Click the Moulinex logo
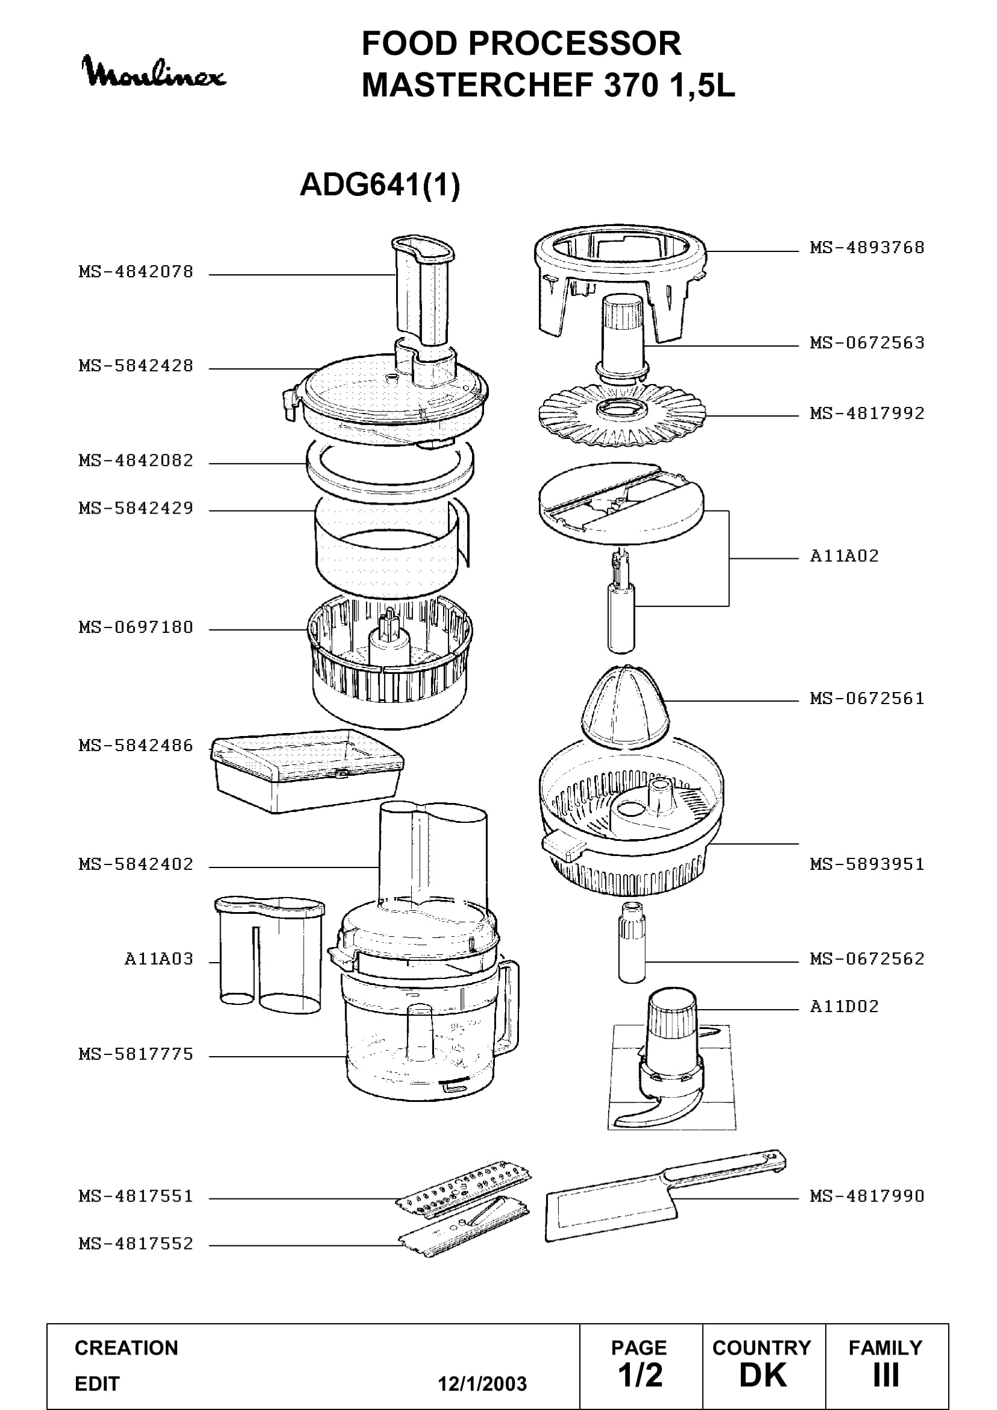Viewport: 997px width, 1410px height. click(x=154, y=71)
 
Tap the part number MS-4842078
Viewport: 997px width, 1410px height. click(x=136, y=271)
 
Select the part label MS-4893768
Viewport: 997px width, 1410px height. click(x=867, y=248)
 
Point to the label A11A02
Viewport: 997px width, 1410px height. click(x=844, y=556)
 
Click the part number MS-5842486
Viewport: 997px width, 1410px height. click(x=136, y=746)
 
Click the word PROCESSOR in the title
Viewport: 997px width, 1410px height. click(x=574, y=43)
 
